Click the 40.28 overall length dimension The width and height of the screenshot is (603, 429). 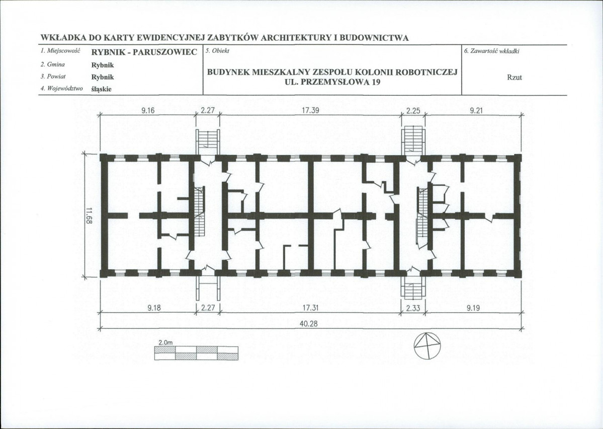click(x=308, y=324)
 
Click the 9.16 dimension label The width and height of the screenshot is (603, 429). click(x=148, y=111)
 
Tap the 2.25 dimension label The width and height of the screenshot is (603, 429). click(x=413, y=111)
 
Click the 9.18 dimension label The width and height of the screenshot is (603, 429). click(x=154, y=308)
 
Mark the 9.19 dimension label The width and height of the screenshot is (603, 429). click(x=473, y=308)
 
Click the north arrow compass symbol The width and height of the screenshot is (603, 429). click(x=427, y=345)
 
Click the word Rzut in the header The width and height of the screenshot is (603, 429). click(x=514, y=78)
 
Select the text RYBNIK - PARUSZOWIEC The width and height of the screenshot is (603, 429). click(x=144, y=52)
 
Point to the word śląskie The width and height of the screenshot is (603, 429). click(x=101, y=89)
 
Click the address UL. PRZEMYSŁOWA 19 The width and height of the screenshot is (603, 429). click(x=332, y=82)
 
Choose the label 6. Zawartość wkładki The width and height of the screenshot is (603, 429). click(x=492, y=51)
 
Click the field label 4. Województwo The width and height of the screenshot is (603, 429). click(x=61, y=89)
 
